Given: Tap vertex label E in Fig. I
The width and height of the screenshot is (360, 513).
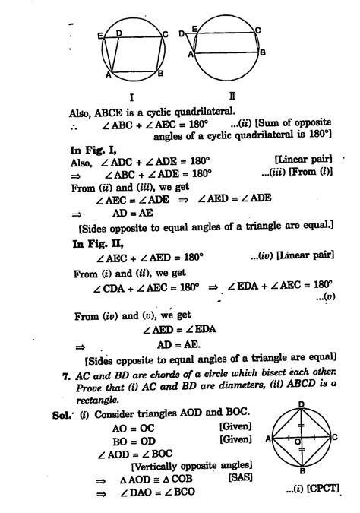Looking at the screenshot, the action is click(100, 34).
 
